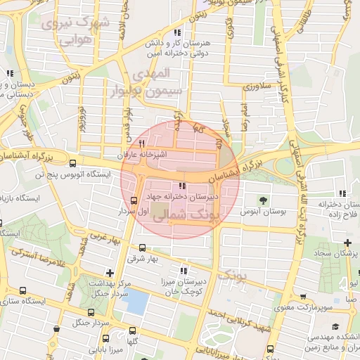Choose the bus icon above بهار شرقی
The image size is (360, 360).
143,247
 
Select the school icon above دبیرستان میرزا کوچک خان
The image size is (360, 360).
184,271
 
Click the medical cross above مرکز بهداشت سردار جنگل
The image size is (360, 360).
109,272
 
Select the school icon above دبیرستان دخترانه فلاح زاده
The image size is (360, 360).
342,193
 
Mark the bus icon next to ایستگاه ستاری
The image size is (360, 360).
24,290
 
